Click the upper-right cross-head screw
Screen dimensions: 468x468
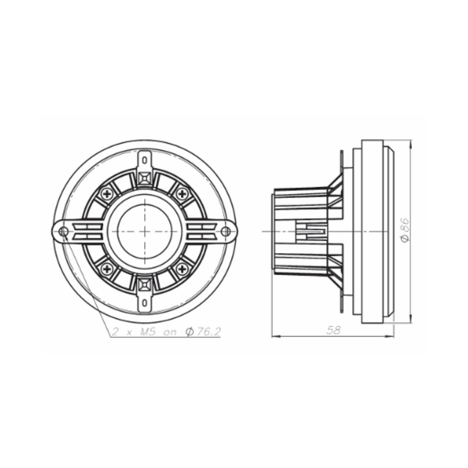183,192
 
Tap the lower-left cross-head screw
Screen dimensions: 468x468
107,269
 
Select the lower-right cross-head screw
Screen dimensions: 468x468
183,269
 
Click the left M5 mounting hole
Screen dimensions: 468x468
64,232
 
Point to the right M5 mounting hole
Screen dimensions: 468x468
226,232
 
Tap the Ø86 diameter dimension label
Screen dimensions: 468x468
404,229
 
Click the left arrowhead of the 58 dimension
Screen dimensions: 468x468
276,336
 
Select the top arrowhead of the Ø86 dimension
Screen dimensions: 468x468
409,142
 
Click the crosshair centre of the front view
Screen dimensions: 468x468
144,231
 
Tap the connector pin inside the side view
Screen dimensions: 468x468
311,232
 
